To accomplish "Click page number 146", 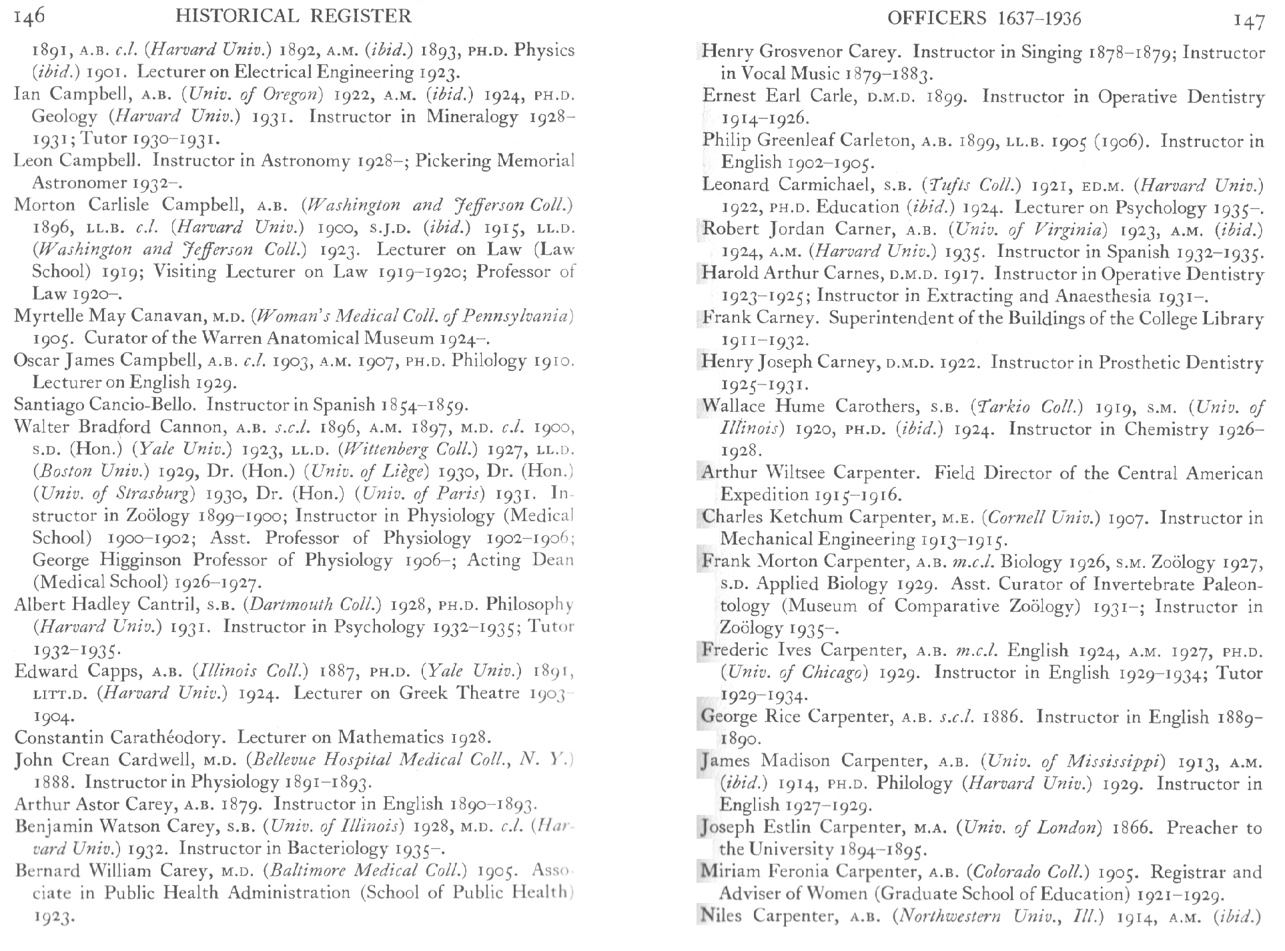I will point(29,16).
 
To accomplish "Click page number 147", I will point(1249,21).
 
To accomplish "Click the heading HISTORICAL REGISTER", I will point(294,15).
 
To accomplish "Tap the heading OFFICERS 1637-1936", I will point(984,18).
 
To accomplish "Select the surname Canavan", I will point(173,316).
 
